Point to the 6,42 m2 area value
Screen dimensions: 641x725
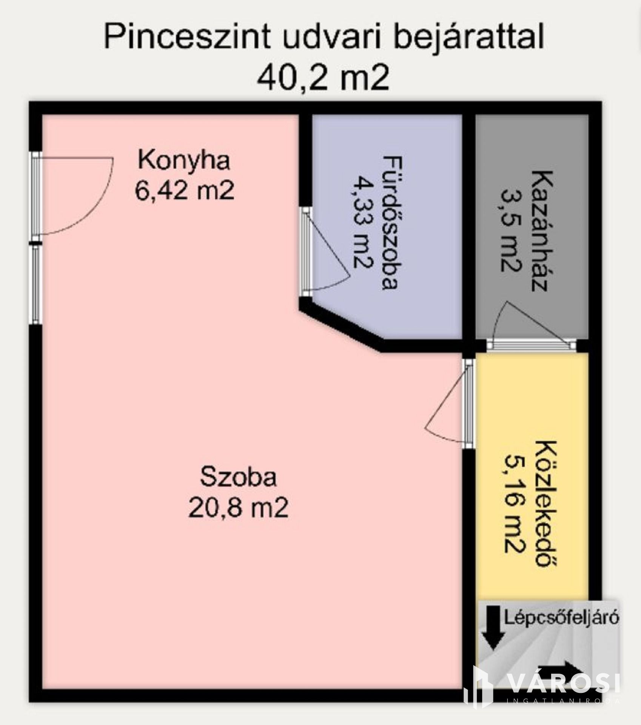coord(184,191)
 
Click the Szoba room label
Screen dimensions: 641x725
coord(238,477)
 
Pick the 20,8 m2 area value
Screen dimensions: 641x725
coord(238,507)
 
